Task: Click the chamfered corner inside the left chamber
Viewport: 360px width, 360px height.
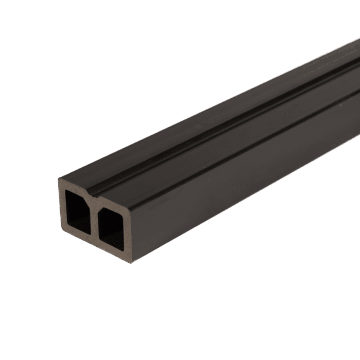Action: pyautogui.click(x=86, y=197)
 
